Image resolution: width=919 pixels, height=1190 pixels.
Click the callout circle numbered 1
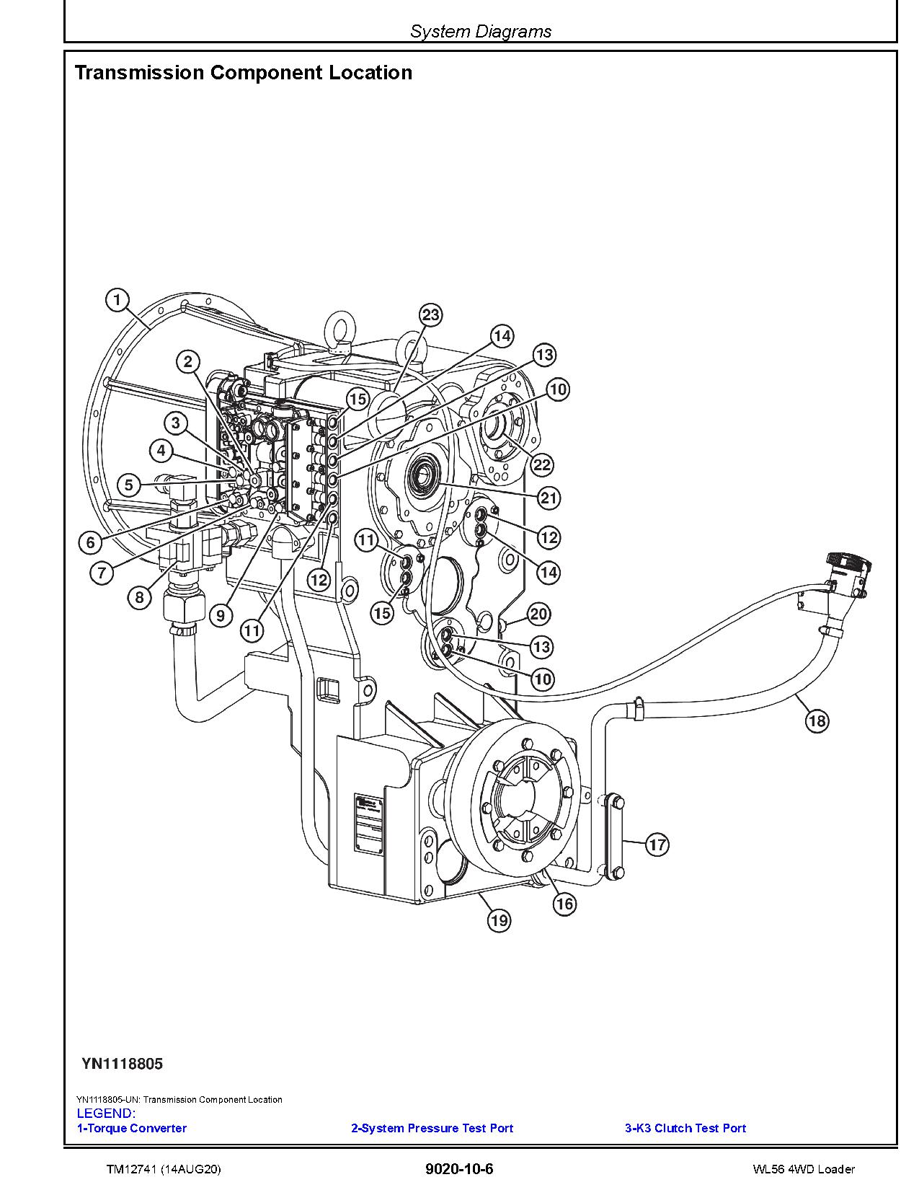[117, 300]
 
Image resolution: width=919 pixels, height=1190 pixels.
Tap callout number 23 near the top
[430, 315]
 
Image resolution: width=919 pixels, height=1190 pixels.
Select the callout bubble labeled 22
[542, 464]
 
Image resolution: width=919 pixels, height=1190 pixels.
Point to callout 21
[549, 498]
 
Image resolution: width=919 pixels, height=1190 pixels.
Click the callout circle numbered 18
[817, 720]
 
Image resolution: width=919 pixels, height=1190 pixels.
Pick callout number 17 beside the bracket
[657, 845]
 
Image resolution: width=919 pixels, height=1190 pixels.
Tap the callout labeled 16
[564, 904]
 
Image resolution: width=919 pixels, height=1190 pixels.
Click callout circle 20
[538, 614]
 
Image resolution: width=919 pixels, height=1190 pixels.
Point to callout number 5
[128, 485]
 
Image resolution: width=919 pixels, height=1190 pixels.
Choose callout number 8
[140, 597]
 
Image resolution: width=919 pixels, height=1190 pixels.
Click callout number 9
[221, 615]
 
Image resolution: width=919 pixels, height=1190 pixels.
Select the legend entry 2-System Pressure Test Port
[432, 1128]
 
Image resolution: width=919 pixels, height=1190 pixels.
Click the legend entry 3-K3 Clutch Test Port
[685, 1128]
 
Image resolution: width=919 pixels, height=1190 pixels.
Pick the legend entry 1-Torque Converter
[132, 1128]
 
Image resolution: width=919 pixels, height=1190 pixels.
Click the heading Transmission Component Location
[244, 73]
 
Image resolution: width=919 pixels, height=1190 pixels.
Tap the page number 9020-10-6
[459, 1169]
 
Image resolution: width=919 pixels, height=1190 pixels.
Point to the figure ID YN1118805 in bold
[122, 1064]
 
